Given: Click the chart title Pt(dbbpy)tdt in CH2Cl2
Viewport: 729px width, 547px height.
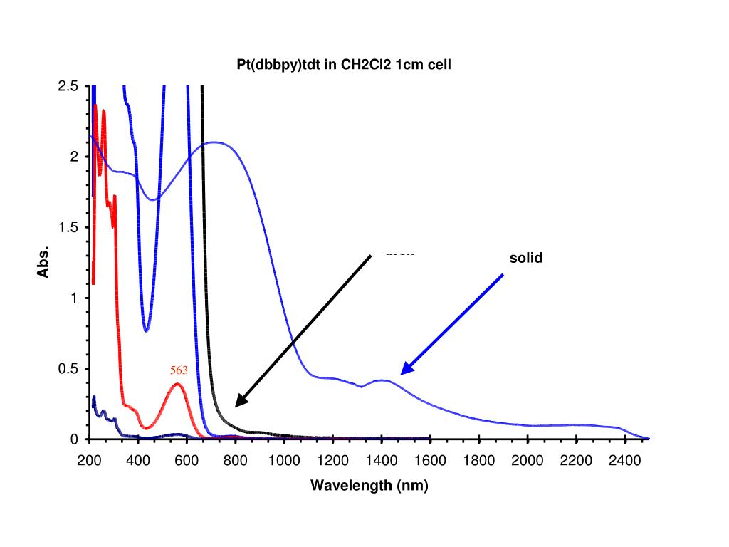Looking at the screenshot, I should (344, 64).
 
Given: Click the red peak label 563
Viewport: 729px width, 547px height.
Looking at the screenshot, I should (179, 370).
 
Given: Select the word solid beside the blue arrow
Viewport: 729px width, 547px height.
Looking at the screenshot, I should (525, 258).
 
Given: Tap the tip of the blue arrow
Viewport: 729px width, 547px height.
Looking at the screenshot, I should (402, 373).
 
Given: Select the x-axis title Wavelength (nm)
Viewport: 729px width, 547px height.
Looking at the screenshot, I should (369, 486).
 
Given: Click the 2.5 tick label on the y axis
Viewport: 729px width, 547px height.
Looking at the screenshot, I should (68, 86).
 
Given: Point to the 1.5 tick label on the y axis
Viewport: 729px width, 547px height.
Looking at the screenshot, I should (68, 227).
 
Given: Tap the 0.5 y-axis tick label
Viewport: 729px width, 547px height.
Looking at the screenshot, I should (68, 368).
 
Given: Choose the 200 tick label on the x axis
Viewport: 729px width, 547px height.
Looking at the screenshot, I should (90, 461).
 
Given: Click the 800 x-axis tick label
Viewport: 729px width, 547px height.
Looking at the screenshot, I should (236, 461).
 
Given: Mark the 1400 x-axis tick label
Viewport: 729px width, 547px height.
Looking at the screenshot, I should (382, 461).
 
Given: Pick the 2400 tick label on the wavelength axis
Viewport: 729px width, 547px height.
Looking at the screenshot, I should (624, 461).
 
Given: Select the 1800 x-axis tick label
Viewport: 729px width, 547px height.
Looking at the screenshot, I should (478, 461).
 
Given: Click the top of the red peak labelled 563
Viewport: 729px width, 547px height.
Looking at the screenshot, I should (177, 385).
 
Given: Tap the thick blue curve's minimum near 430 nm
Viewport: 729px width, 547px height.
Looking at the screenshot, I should (146, 330).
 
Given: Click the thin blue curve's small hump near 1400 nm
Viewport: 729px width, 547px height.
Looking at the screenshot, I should (383, 380).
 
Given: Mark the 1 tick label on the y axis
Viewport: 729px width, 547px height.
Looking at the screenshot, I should (74, 298).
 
